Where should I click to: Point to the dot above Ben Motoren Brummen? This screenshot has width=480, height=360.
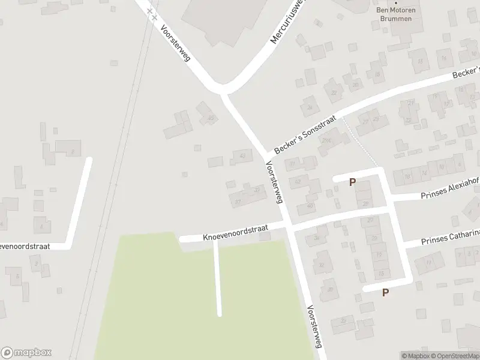395,2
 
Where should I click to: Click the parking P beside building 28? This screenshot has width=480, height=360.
352,182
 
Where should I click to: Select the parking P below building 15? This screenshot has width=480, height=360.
385,292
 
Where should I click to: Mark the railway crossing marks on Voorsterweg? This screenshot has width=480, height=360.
152,14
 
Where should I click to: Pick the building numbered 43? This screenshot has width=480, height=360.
242,156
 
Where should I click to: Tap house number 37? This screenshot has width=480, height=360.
238,201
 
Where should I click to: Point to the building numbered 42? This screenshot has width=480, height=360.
298,181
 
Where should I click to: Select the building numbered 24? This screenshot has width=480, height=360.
310,107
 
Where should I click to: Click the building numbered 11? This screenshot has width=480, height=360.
428,262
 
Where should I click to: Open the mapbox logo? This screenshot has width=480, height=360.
26,353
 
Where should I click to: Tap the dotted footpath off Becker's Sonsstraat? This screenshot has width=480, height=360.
360,142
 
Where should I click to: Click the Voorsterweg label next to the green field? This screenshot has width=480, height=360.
314,328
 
